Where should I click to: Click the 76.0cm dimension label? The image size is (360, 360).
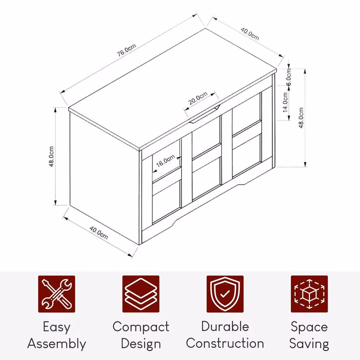click(x=126, y=50)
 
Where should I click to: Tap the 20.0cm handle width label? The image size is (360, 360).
click(x=198, y=98)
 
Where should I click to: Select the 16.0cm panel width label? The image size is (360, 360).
click(x=165, y=161)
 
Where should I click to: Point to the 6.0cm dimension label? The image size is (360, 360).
click(x=289, y=77)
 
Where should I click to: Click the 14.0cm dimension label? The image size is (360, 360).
click(x=285, y=102)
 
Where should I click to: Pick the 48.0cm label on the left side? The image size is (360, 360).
click(x=51, y=157)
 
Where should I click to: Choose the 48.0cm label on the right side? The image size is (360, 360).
click(x=301, y=118)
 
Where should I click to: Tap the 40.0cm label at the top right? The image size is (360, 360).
click(x=250, y=34)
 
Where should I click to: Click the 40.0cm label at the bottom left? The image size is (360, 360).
click(x=99, y=233)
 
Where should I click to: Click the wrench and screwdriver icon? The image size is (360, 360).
click(x=57, y=294)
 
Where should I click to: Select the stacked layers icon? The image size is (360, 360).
click(x=141, y=294)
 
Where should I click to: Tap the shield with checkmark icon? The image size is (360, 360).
click(x=225, y=294)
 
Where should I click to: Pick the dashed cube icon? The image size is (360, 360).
click(x=309, y=294)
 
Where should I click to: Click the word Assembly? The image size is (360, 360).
click(x=57, y=344)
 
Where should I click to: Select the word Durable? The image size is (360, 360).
click(x=225, y=327)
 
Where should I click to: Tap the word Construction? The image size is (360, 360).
click(x=225, y=343)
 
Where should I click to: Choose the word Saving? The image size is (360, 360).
click(x=309, y=344)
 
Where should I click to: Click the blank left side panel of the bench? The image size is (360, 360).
click(x=104, y=178)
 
